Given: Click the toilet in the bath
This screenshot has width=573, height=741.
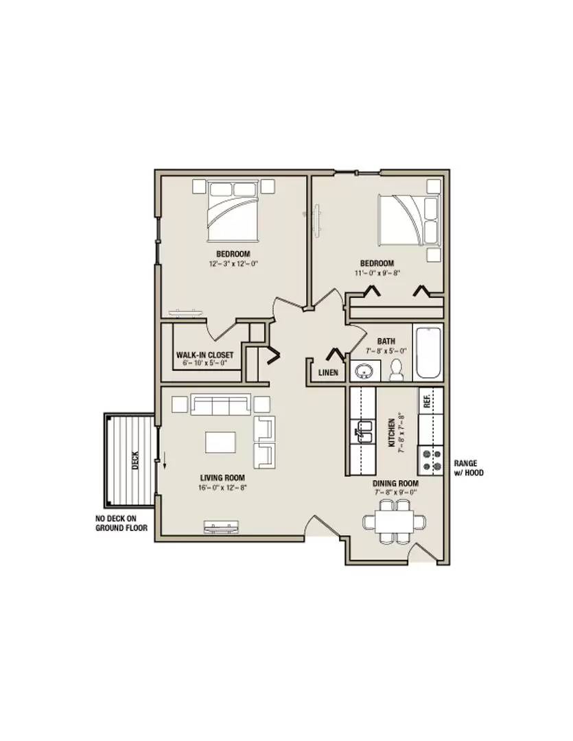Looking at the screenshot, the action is [x=396, y=370].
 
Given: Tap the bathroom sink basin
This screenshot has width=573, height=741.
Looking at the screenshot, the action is [x=364, y=371].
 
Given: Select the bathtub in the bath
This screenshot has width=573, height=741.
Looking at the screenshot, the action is [x=428, y=353].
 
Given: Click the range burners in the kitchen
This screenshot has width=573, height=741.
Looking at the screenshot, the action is [x=431, y=460].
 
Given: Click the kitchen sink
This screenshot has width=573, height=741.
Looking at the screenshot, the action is [x=363, y=431].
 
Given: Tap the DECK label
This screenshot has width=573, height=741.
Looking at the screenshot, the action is [x=136, y=460].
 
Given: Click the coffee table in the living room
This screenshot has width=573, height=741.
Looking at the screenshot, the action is [x=220, y=443].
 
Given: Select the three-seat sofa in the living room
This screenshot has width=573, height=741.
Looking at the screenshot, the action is [x=221, y=405].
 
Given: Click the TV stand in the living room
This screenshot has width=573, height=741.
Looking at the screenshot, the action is [x=221, y=527].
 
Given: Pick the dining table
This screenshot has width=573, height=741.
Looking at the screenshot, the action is [x=395, y=521].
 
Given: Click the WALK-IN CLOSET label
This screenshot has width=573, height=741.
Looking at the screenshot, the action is [x=204, y=355].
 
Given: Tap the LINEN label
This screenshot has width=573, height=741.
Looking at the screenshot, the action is [x=328, y=373].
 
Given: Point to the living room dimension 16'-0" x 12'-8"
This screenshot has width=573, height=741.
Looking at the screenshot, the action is [x=222, y=487].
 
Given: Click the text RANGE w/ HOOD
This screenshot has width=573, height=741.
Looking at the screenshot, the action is [x=469, y=468].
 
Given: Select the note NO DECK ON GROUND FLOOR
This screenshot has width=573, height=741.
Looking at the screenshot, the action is [x=121, y=523].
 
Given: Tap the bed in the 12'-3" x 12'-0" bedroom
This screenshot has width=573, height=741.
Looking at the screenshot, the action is [x=233, y=211].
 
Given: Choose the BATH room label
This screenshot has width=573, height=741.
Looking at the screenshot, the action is [x=386, y=341].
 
